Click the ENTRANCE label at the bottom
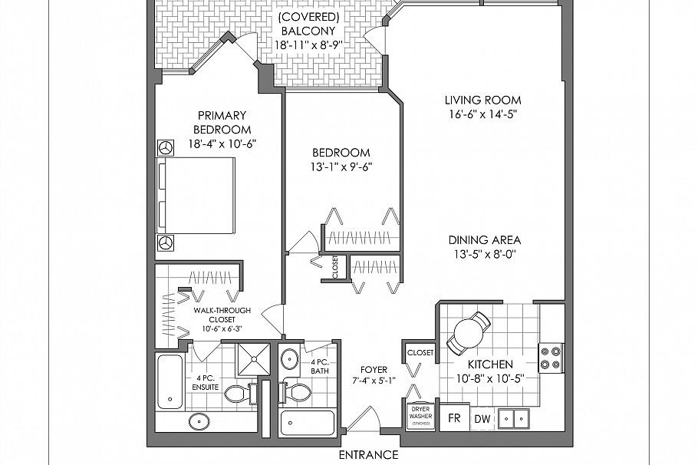[x=369, y=454]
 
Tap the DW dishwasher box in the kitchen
[x=482, y=419]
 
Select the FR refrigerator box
[x=453, y=419]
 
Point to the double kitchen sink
[x=513, y=418]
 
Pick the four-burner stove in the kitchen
[x=551, y=358]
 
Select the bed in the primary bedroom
[x=196, y=196]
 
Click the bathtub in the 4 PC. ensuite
[x=170, y=381]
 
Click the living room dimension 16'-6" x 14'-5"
[x=482, y=114]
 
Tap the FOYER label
[x=374, y=369]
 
